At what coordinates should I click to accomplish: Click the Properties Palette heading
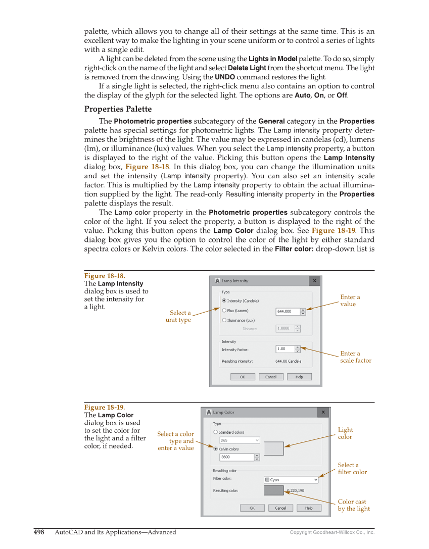pos(118,109)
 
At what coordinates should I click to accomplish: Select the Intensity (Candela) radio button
pos(224,301)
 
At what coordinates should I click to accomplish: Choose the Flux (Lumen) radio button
pos(224,311)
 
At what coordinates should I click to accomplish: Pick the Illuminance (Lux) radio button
pos(224,320)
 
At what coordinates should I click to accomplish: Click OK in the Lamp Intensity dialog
pos(243,377)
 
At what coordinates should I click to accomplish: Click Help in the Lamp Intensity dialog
pos(299,377)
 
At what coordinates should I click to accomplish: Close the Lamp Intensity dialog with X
pos(314,281)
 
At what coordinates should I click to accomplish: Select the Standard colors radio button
pos(216,432)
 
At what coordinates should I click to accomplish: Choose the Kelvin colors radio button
pos(216,448)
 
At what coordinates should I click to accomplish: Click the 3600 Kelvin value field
pos(236,457)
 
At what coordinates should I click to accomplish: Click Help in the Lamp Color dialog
pos(309,508)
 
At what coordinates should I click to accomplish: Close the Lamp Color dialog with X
pos(323,413)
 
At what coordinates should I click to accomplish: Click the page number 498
pos(39,532)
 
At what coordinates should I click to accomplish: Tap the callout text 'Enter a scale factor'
pos(355,357)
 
